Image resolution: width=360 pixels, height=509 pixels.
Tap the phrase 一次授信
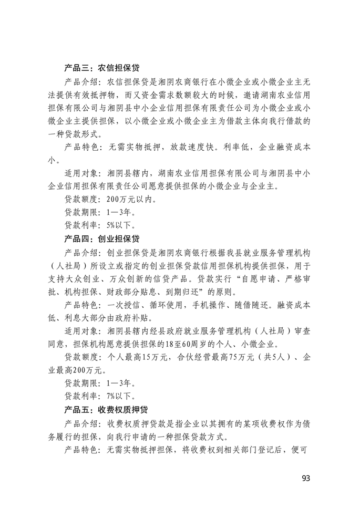coord(124,305)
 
